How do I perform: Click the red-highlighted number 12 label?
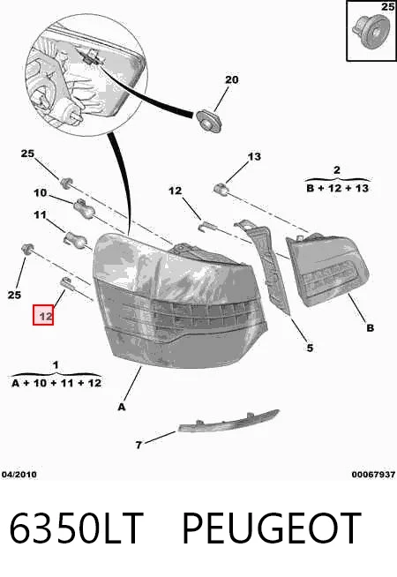click(43, 315)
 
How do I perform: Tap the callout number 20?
click(231, 79)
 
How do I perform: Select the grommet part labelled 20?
click(208, 121)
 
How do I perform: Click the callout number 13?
click(254, 157)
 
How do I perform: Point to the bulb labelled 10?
click(85, 208)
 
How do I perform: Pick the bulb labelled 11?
click(76, 239)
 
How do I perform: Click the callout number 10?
click(41, 192)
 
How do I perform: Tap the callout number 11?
click(40, 214)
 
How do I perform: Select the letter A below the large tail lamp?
click(122, 407)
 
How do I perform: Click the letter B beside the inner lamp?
click(371, 328)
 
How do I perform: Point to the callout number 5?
click(310, 348)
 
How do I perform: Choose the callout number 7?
click(139, 446)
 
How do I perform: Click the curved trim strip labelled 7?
click(228, 421)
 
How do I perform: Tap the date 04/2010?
click(19, 475)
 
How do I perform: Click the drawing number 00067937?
click(373, 475)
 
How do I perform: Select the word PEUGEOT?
click(272, 528)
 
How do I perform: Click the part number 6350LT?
click(76, 528)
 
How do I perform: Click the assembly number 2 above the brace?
click(337, 170)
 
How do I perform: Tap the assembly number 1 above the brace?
click(56, 365)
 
